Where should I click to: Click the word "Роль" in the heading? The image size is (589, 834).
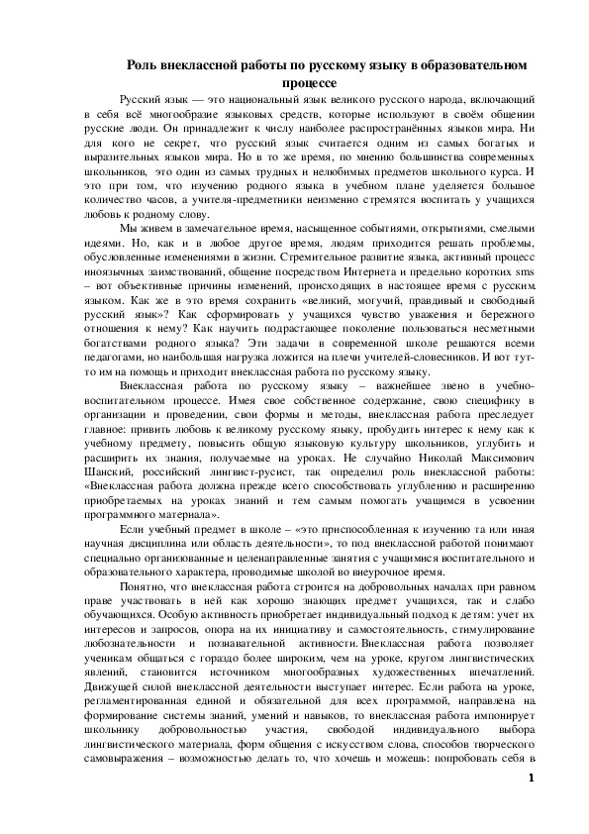click(x=143, y=64)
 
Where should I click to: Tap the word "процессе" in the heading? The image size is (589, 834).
click(x=309, y=82)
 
